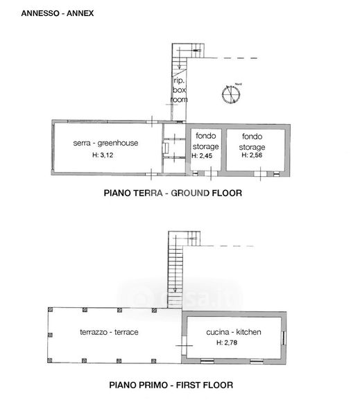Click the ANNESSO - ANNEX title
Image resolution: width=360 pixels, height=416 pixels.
pyautogui.click(x=58, y=13)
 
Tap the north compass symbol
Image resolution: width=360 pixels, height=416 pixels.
pyautogui.click(x=231, y=94)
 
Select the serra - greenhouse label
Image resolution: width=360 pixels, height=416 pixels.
pyautogui.click(x=105, y=144)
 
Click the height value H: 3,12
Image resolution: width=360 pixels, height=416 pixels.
pyautogui.click(x=103, y=155)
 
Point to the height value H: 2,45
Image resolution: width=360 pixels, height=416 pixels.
pyautogui.click(x=202, y=156)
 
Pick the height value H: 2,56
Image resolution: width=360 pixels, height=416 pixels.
pyautogui.click(x=252, y=155)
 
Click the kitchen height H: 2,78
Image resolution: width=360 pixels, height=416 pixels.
pyautogui.click(x=227, y=343)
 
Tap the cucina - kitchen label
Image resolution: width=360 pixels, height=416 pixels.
pyautogui.click(x=234, y=332)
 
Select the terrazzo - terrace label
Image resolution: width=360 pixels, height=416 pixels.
pyautogui.click(x=109, y=332)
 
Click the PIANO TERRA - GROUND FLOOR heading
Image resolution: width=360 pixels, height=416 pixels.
pyautogui.click(x=173, y=193)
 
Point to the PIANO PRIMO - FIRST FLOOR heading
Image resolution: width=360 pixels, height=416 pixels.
pyautogui.click(x=171, y=385)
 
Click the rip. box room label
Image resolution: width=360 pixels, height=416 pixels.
pyautogui.click(x=179, y=90)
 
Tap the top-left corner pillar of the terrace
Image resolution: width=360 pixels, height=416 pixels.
pyautogui.click(x=51, y=310)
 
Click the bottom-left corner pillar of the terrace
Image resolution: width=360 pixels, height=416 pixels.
pyautogui.click(x=50, y=360)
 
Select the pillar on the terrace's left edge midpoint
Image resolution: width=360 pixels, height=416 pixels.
pyautogui.click(x=50, y=335)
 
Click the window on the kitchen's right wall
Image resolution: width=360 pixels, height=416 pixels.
pyautogui.click(x=284, y=338)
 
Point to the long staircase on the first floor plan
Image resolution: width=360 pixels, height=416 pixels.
pyautogui.click(x=175, y=276)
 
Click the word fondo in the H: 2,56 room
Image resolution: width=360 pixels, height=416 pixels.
pyautogui.click(x=252, y=137)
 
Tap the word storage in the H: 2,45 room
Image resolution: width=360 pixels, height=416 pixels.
pyautogui.click(x=206, y=147)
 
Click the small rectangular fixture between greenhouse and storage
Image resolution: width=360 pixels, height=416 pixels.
pyautogui.click(x=165, y=148)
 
